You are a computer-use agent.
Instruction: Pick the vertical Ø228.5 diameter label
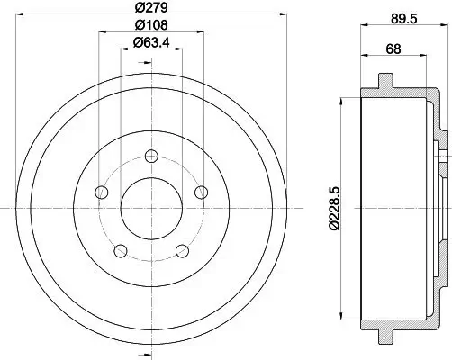click(x=335, y=207)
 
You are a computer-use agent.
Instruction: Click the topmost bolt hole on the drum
click(x=152, y=157)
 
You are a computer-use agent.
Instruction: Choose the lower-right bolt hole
click(x=183, y=250)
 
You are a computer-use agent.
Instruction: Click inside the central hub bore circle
click(x=152, y=209)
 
